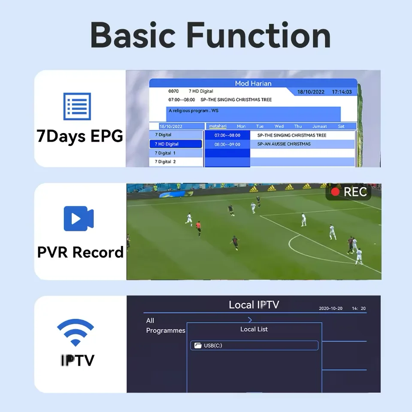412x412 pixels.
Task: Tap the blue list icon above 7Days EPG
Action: point(77,106)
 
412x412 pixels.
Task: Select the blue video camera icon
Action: point(79,218)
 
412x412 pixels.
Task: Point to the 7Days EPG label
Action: point(80,136)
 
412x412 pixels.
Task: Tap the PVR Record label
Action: point(80,252)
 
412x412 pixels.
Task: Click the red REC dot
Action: point(335,191)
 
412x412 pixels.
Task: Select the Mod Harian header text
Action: point(253,83)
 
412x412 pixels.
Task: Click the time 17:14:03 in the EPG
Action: point(342,92)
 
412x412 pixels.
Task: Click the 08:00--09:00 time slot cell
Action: point(227,144)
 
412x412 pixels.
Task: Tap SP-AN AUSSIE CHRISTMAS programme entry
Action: point(284,144)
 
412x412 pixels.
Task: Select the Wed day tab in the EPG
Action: point(279,127)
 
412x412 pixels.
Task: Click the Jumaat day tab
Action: point(319,127)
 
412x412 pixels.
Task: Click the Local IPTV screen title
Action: point(254,305)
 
